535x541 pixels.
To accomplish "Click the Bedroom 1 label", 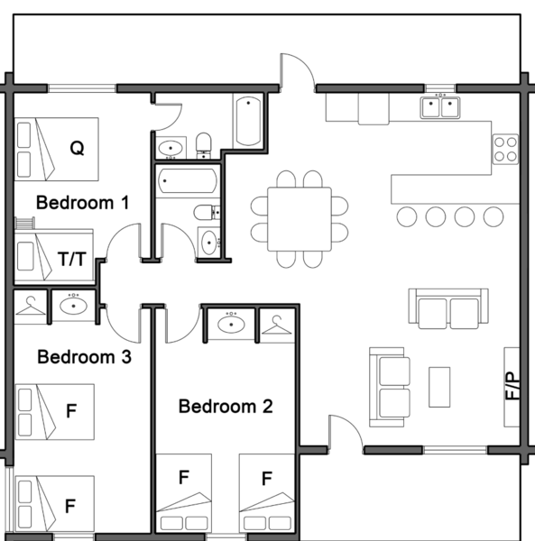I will pos(81,203).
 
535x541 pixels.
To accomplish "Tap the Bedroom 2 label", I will pos(226,407).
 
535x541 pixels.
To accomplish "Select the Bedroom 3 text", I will pos(84,357).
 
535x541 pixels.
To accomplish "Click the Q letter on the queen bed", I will pos(78,149).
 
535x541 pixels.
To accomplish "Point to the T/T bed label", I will pos(72,260).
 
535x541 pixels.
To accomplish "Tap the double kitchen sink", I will pos(440,107).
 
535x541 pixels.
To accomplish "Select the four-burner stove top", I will pos(505,149).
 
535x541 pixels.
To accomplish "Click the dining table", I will pos(299,220).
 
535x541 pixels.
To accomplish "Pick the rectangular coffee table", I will pos(440,386).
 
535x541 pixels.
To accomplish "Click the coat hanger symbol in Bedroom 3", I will pos(31,307).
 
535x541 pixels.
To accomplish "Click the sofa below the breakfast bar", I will pos(448,309).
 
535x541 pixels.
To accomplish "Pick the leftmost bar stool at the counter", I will pos(407,216).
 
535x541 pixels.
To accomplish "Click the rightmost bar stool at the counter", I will pos(493,216).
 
